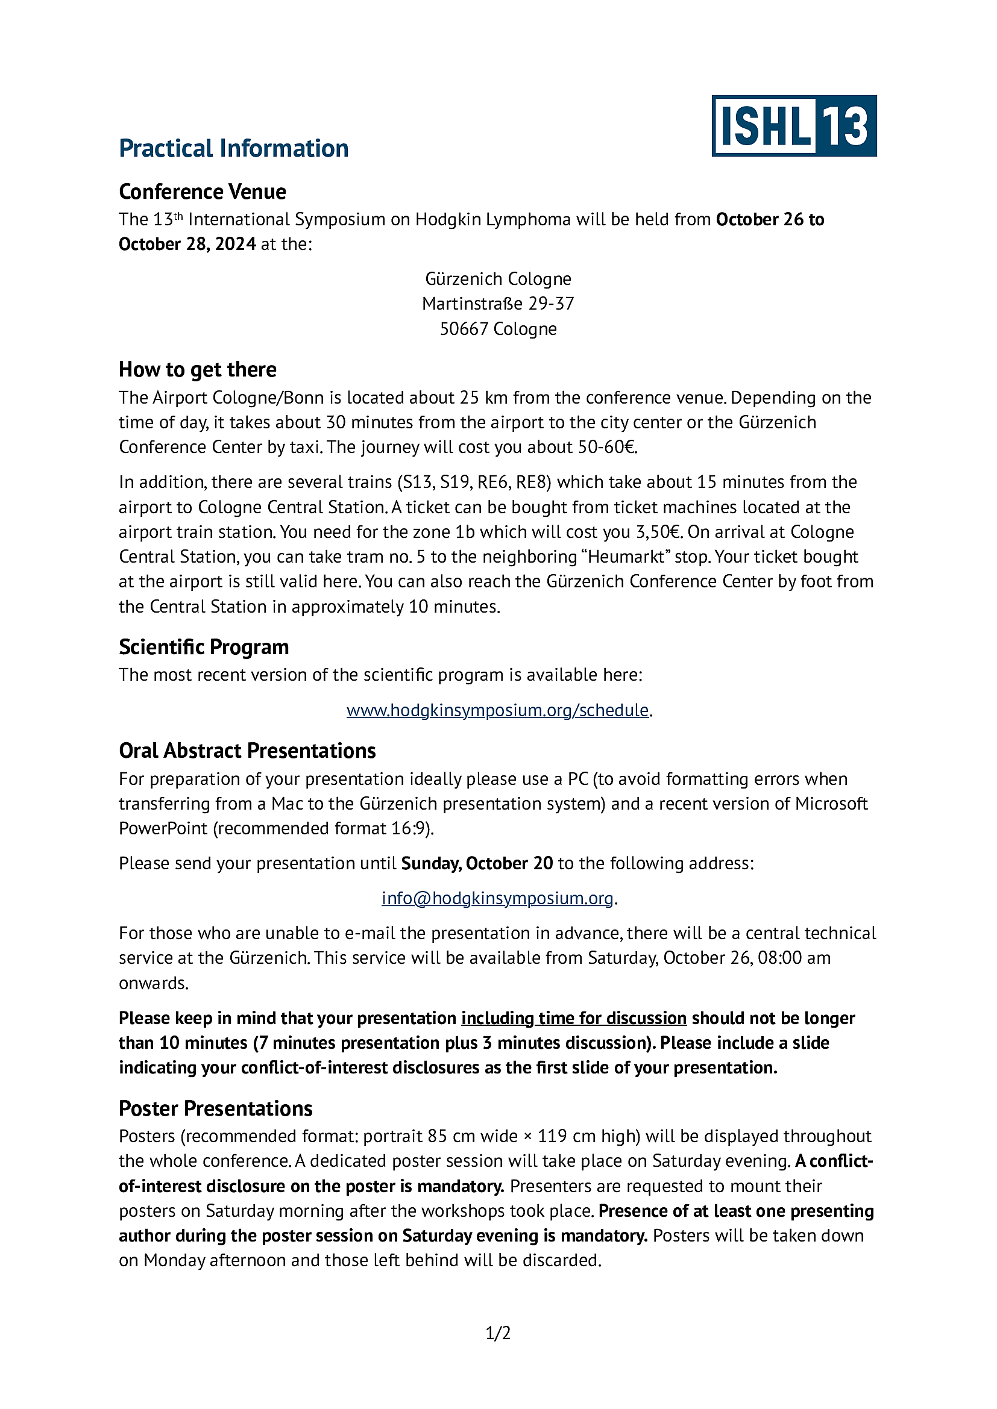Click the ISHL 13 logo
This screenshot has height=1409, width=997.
tap(794, 126)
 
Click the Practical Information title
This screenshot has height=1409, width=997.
tap(233, 149)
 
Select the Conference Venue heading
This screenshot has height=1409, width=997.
tap(202, 192)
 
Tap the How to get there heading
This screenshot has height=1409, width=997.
tap(197, 369)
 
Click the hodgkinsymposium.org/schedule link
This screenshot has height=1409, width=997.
tap(497, 710)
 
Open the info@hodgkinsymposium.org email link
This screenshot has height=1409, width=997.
tap(497, 898)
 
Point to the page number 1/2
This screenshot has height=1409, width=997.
tap(498, 1334)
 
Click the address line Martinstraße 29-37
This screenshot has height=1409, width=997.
tap(498, 304)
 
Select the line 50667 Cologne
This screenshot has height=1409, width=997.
tap(498, 329)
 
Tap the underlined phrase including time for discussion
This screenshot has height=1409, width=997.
tap(573, 1018)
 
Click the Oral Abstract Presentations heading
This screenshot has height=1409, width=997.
tap(247, 751)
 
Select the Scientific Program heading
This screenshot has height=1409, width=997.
tap(203, 647)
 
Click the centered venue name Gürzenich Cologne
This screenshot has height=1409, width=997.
tap(498, 280)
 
